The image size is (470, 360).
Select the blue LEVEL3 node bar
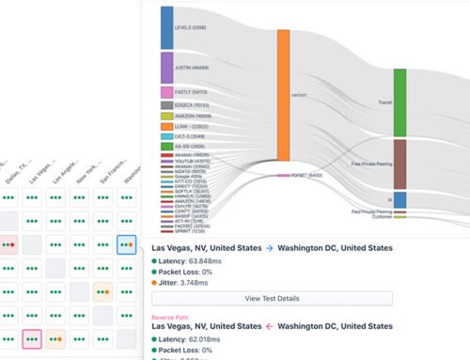point(167,27)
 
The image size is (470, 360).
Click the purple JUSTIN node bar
point(167,68)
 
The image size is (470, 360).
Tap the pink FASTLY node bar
point(167,93)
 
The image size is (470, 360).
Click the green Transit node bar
point(399,102)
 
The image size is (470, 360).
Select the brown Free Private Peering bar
point(399,164)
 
